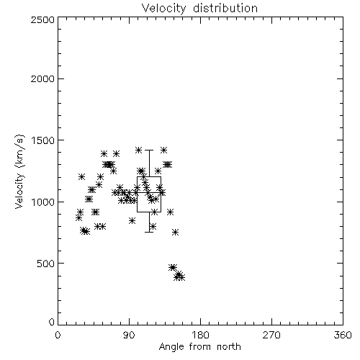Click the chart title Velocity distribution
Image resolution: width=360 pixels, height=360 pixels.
(x=199, y=9)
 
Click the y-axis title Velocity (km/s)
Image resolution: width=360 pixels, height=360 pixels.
(x=19, y=171)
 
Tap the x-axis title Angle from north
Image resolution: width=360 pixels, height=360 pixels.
(x=199, y=347)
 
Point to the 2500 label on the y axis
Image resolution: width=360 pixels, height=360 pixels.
(x=42, y=19)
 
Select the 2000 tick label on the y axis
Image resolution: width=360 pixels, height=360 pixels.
(x=42, y=78)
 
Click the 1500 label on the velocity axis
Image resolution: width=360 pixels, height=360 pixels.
(x=42, y=140)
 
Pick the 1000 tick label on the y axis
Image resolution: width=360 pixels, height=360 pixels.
(x=42, y=202)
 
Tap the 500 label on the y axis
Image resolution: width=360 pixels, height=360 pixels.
(x=46, y=264)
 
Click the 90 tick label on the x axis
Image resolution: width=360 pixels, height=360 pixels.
(x=129, y=335)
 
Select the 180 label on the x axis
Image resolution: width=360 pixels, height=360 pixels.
(x=200, y=335)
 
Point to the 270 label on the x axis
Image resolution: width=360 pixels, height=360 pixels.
(x=271, y=335)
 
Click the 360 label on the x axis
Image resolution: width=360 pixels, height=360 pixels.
(x=343, y=335)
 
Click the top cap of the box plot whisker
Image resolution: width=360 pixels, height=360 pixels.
(x=149, y=150)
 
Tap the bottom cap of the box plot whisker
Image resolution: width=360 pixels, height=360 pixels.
(x=149, y=232)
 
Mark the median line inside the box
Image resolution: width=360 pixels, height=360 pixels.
(x=149, y=192)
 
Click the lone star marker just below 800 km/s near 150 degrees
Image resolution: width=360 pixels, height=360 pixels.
(x=176, y=232)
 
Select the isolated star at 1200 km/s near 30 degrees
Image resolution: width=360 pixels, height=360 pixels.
(x=81, y=176)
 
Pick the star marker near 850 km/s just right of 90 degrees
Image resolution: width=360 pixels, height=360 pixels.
(x=132, y=220)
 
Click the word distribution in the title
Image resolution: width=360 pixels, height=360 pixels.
(x=225, y=9)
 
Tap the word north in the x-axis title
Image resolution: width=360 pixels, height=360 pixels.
(x=229, y=347)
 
